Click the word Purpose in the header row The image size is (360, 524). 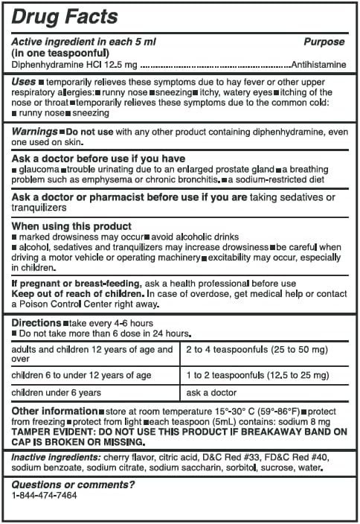tap(324, 42)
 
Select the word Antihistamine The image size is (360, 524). tap(319, 65)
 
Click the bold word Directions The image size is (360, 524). tap(36, 324)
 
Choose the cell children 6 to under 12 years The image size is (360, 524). tap(82, 374)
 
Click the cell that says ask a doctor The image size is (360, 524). tap(211, 392)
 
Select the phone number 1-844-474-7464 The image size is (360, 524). tap(45, 495)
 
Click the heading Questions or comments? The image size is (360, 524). tap(73, 485)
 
